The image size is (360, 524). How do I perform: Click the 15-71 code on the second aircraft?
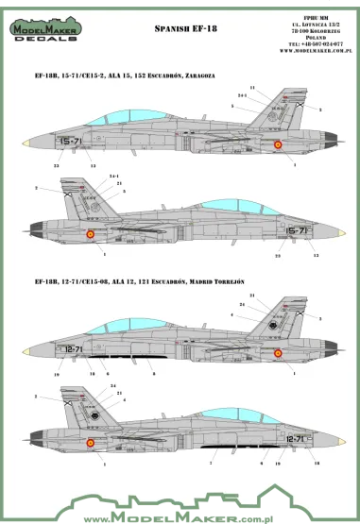(x=298, y=230)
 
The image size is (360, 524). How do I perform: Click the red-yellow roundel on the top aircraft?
(x=278, y=144)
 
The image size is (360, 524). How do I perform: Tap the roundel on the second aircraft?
(x=90, y=233)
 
